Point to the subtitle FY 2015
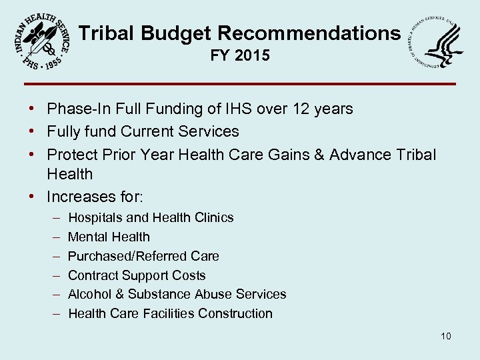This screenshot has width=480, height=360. [240, 56]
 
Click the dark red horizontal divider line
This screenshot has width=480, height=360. [240, 84]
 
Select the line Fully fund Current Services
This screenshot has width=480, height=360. [143, 131]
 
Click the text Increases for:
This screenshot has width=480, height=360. [95, 197]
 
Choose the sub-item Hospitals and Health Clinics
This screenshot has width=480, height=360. [151, 217]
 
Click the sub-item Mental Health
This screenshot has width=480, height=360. [109, 237]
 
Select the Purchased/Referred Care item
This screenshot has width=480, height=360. [143, 256]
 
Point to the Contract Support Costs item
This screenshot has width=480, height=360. [137, 275]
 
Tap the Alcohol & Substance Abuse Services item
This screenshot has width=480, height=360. [177, 294]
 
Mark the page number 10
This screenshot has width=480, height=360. [445, 336]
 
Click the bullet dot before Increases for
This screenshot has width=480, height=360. [32, 197]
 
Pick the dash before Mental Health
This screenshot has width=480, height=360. [53, 237]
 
